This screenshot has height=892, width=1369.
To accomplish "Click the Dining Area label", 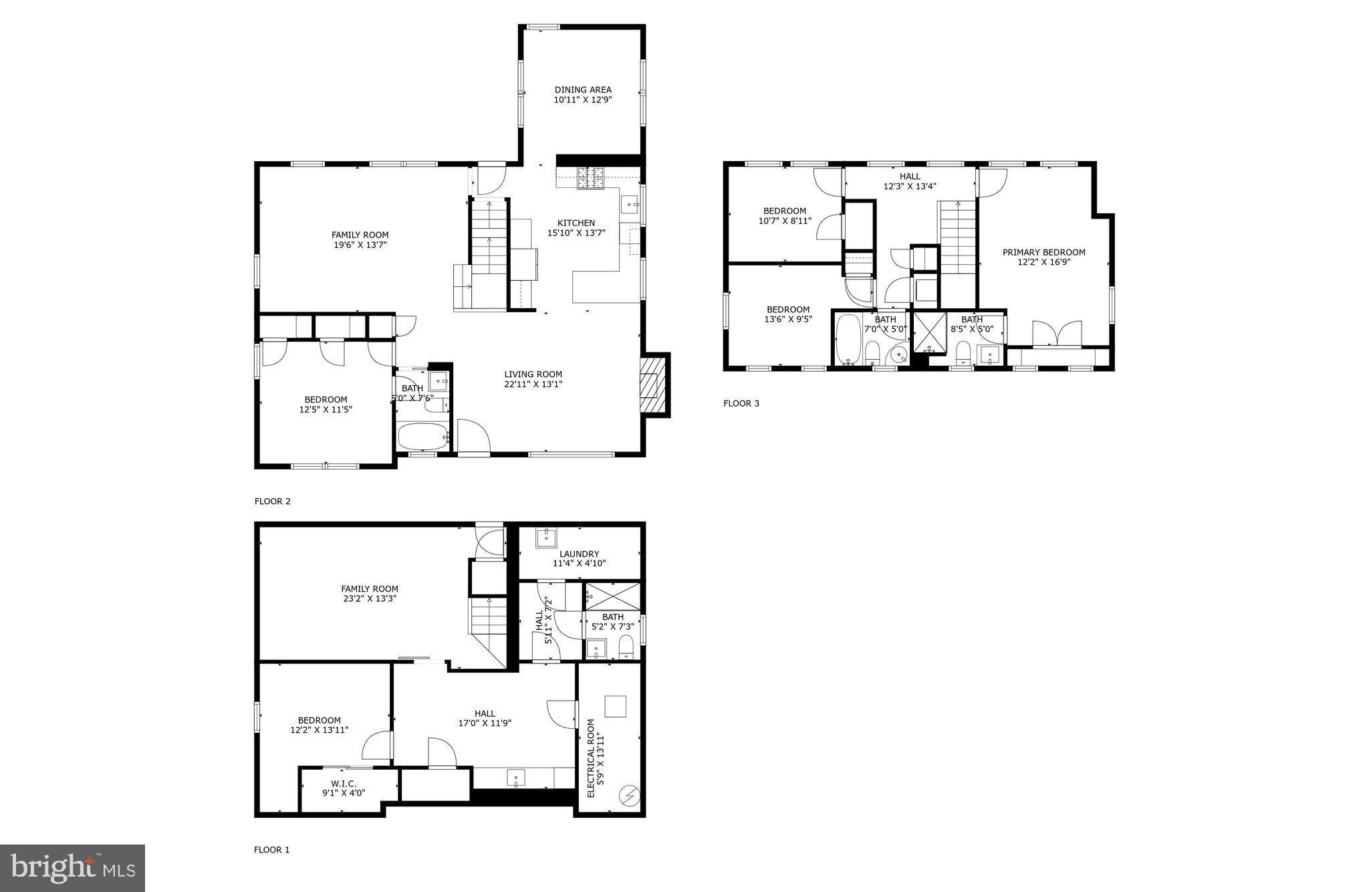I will coord(583,90).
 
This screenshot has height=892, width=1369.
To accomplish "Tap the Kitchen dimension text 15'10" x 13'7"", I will coord(576,233).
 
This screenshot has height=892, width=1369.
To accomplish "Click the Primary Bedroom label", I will coord(1043,252).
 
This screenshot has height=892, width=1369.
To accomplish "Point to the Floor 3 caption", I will coord(741,403).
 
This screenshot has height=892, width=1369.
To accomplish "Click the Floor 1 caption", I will coord(271,850).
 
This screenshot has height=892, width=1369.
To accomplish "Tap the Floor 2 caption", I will coord(272,501).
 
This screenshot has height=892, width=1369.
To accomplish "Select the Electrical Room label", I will coord(590,758).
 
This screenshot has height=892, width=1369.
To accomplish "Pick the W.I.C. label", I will coord(344,784).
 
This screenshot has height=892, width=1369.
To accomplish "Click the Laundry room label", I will coord(579,554).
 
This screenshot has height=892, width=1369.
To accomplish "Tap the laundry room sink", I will coord(546,538).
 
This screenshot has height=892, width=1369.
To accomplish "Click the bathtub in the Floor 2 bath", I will coord(423,437).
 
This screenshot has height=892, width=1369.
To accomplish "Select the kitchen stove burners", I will coord(591,178).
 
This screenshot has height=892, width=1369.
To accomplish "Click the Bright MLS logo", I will coord(72,868).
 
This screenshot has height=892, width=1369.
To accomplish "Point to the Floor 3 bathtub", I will coord(848,338).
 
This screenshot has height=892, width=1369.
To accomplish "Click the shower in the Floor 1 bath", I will coord(612,596).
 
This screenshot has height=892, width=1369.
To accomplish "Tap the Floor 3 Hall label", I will coord(909,177).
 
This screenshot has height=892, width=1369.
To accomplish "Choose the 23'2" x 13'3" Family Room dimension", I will coord(370,599).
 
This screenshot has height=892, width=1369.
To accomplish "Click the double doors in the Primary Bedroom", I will coord(1057,334).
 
